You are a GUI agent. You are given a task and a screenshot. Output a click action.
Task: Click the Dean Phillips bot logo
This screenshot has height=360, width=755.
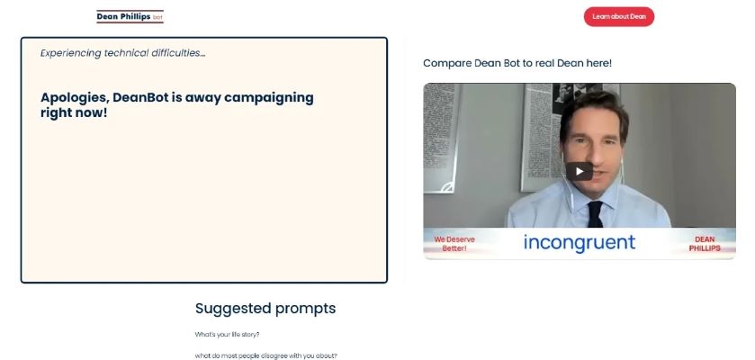tap(130, 16)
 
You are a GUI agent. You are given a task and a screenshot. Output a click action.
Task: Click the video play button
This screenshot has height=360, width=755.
tap(580, 171)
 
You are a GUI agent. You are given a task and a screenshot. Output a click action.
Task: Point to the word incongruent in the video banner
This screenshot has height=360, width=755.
tap(580, 242)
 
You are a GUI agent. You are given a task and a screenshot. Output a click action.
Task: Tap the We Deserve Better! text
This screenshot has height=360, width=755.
tap(454, 244)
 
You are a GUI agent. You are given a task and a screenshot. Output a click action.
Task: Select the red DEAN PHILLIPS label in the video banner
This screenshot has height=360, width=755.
tap(705, 244)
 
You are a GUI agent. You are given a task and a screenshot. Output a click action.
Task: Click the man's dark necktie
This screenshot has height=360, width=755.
tap(595, 214)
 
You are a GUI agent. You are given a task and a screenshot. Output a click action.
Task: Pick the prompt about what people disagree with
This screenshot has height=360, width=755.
tap(265, 356)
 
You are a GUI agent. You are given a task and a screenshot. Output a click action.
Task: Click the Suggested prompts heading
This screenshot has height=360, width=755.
tap(265, 308)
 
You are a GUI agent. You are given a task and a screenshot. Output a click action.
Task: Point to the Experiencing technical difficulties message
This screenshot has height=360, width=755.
tap(122, 53)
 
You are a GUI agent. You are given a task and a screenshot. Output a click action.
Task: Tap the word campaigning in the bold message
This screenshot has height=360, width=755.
tap(269, 98)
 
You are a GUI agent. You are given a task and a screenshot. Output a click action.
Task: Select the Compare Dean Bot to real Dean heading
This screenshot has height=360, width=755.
tap(517, 63)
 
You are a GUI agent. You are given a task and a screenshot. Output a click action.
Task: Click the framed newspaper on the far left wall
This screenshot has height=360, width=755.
tap(441, 137)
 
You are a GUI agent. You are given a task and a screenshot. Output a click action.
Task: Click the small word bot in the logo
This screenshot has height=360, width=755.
tap(157, 17)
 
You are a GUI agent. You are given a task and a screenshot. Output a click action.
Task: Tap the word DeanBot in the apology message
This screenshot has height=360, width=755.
tap(140, 98)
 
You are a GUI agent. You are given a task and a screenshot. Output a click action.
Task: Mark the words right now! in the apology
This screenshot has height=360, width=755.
tap(74, 113)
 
